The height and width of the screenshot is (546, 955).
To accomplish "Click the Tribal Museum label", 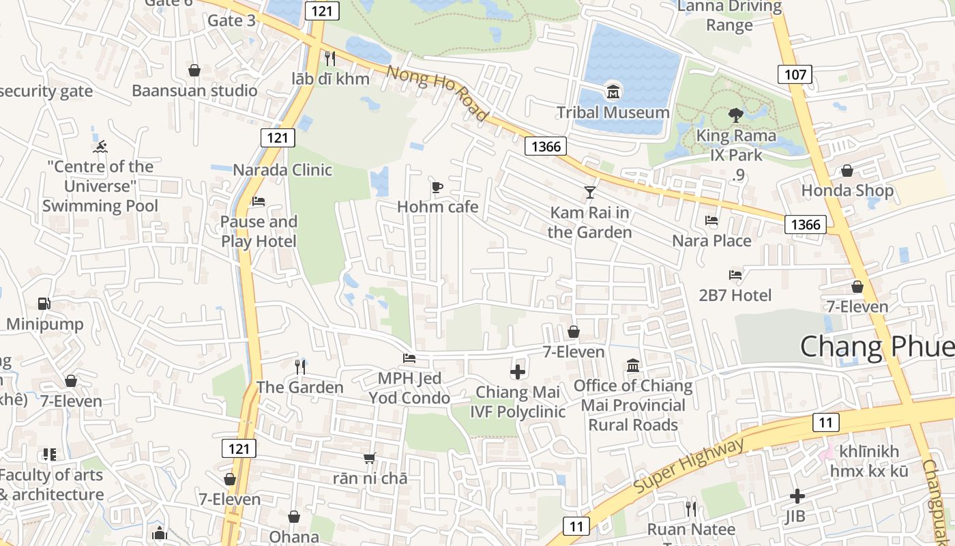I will pyautogui.click(x=613, y=113).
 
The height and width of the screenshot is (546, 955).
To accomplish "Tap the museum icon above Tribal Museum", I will pyautogui.click(x=613, y=91).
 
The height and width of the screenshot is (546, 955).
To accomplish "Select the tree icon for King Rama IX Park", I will pyautogui.click(x=735, y=115).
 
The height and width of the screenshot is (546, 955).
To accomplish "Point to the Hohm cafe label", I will pyautogui.click(x=437, y=207).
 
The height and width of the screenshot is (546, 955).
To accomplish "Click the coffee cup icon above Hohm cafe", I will pyautogui.click(x=437, y=187).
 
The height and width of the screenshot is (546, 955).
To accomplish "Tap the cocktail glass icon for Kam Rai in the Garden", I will pyautogui.click(x=589, y=192).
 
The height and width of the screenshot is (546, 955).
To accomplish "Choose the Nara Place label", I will pyautogui.click(x=711, y=241).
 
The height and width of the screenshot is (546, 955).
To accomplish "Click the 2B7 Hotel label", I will pyautogui.click(x=735, y=296).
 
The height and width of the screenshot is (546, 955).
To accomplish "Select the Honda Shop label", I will pyautogui.click(x=847, y=190).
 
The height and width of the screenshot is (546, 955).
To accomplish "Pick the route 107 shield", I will pyautogui.click(x=795, y=74).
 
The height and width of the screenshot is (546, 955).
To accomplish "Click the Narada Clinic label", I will pyautogui.click(x=282, y=170).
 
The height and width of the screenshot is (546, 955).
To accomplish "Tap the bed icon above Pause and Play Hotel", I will pyautogui.click(x=259, y=201).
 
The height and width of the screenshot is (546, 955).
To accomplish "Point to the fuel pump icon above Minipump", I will pyautogui.click(x=44, y=304).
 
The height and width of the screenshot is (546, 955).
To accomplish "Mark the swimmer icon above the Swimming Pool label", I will pyautogui.click(x=100, y=146).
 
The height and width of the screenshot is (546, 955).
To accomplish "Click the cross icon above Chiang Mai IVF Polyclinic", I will pyautogui.click(x=518, y=372).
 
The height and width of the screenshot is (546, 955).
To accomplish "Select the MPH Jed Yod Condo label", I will pyautogui.click(x=409, y=388).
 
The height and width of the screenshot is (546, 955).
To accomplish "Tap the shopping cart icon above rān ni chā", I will pyautogui.click(x=369, y=458).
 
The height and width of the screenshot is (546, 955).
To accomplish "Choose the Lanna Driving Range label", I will pyautogui.click(x=729, y=16).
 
